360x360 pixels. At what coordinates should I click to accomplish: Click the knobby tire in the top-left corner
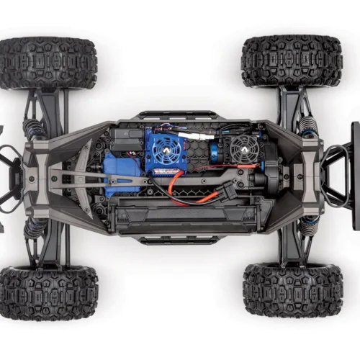48,63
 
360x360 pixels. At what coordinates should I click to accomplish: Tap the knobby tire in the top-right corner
292,61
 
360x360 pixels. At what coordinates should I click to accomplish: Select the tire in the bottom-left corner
49,292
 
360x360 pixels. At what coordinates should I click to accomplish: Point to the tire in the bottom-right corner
292,289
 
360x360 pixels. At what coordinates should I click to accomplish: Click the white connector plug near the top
194,136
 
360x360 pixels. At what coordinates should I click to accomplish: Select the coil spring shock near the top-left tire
34,130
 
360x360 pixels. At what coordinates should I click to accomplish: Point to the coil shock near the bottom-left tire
34,229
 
